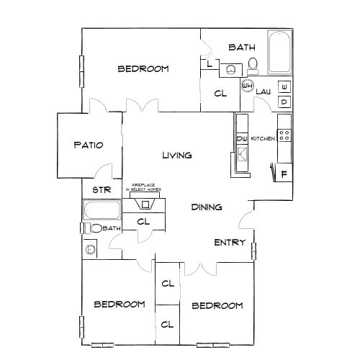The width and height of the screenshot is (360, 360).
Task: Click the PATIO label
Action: pyautogui.click(x=89, y=145)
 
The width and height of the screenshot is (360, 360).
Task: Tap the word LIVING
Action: pyautogui.click(x=176, y=155)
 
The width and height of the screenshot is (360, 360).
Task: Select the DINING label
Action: pyautogui.click(x=206, y=207)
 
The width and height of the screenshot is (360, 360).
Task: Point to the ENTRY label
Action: pyautogui.click(x=230, y=242)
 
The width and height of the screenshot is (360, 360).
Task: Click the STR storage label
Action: pyautogui.click(x=100, y=190)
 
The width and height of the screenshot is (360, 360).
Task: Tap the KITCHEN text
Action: pyautogui.click(x=263, y=138)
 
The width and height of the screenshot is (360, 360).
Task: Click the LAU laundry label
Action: pyautogui.click(x=262, y=91)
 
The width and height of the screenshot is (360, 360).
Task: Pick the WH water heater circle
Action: pyautogui.click(x=247, y=86)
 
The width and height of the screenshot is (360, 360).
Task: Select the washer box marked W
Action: pyautogui.click(x=284, y=87)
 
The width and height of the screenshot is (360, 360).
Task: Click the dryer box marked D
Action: pyautogui.click(x=284, y=102)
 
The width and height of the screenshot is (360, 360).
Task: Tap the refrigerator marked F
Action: pyautogui.click(x=284, y=174)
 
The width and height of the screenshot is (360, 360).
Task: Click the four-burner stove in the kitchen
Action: pyautogui.click(x=284, y=135)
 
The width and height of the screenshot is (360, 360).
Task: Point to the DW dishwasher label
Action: pyautogui.click(x=242, y=138)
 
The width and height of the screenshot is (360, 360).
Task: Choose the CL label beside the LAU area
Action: pyautogui.click(x=222, y=93)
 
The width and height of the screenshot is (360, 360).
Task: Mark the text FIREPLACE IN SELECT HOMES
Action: pyautogui.click(x=144, y=186)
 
